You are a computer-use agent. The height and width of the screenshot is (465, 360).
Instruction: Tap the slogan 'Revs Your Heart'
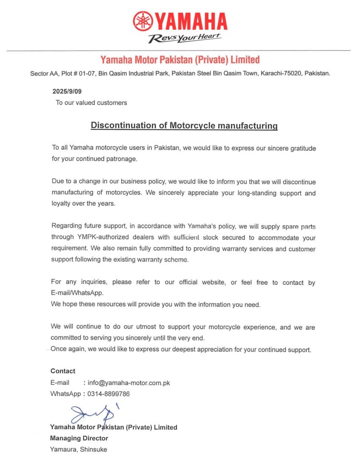click(185, 38)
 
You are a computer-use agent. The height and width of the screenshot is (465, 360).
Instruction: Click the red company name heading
click(180, 59)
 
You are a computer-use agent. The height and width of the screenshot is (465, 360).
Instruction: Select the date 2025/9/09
click(67, 91)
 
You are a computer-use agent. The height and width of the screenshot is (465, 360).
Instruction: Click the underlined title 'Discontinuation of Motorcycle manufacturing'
click(184, 125)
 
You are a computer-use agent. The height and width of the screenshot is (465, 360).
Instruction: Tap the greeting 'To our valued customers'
click(91, 103)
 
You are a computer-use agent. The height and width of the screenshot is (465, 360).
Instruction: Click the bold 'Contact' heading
click(63, 371)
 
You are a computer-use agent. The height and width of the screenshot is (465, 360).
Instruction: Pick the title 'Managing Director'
click(79, 438)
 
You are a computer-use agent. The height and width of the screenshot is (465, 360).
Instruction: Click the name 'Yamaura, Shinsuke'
click(79, 450)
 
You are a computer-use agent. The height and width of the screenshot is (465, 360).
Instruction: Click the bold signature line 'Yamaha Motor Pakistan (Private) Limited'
click(113, 427)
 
